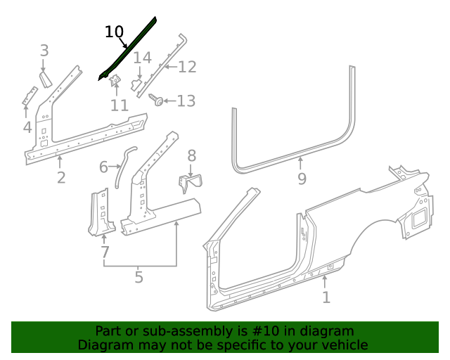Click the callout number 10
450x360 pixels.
(114, 32)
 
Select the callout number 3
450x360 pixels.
(44, 51)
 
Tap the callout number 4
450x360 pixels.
(27, 127)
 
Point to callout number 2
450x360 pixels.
(61, 178)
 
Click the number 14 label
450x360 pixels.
(142, 58)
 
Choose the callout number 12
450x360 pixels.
(187, 67)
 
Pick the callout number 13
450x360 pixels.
(186, 101)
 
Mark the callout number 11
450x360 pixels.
(119, 105)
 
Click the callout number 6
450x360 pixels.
(103, 167)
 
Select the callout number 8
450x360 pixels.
(191, 156)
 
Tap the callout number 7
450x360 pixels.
(105, 252)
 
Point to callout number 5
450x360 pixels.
(139, 277)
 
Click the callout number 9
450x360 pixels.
(302, 179)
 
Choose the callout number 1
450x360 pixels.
(326, 297)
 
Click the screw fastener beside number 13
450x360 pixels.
(159, 101)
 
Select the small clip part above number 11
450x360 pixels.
(115, 82)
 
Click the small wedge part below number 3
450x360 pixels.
(46, 77)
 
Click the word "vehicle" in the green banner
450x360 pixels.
(344, 345)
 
